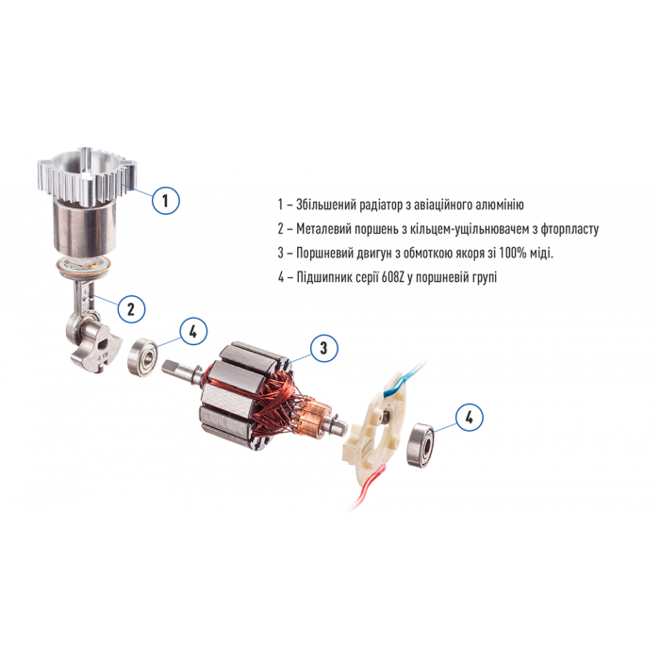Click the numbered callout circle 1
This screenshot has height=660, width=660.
coord(165,200)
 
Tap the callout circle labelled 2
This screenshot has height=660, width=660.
coord(132,307)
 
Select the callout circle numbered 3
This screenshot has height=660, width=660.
coord(323,348)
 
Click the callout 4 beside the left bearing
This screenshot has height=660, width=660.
coord(192,331)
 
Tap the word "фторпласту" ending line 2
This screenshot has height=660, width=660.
coord(564,229)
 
